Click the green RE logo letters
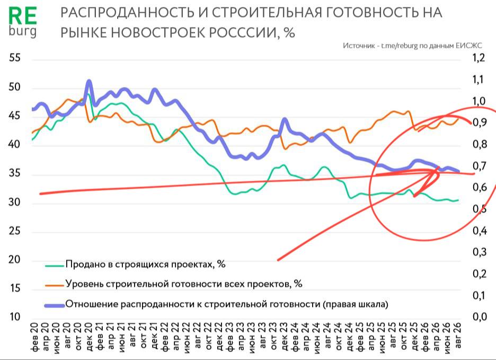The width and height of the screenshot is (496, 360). pyautogui.click(x=22, y=16)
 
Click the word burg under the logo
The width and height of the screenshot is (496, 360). pyautogui.click(x=22, y=31)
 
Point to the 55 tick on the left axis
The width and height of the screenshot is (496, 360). pyautogui.click(x=14, y=58)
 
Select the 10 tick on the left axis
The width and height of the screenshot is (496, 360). pyautogui.click(x=14, y=317)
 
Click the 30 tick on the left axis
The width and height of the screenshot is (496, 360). pyautogui.click(x=14, y=201)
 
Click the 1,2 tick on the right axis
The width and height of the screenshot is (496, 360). pyautogui.click(x=479, y=58)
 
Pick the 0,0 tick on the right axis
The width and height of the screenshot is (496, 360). pyautogui.click(x=479, y=317)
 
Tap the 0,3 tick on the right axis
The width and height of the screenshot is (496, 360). pyautogui.click(x=479, y=252)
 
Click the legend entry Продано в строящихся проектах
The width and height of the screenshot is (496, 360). pyautogui.click(x=146, y=264)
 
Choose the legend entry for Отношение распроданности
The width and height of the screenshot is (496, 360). pyautogui.click(x=227, y=304)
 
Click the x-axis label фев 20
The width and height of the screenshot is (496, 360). pyautogui.click(x=34, y=337)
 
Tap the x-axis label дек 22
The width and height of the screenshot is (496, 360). pyautogui.click(x=218, y=337)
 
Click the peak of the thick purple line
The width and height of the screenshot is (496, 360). pyautogui.click(x=89, y=81)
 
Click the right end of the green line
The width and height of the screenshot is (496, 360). pyautogui.click(x=458, y=200)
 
